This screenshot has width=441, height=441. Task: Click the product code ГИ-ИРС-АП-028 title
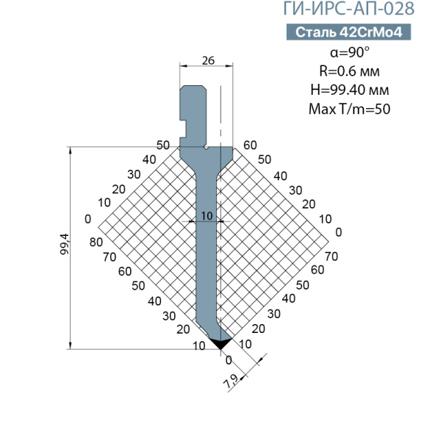click(348, 8)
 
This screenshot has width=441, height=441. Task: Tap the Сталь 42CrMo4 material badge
click(348, 32)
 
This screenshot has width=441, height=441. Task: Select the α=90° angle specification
click(350, 52)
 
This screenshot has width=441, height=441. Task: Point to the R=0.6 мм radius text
click(350, 71)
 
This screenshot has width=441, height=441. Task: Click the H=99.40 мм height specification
click(350, 90)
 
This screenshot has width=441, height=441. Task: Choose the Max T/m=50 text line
click(350, 109)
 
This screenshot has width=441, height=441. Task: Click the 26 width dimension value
click(208, 60)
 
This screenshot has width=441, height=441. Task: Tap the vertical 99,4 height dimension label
click(65, 244)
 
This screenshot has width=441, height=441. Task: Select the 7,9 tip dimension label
click(232, 381)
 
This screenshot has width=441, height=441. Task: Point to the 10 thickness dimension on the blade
click(207, 216)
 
